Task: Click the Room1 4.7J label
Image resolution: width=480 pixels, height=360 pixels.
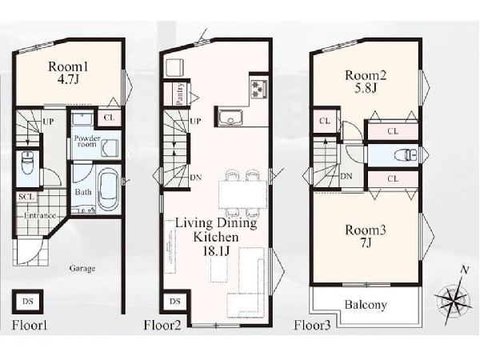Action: click(68, 73)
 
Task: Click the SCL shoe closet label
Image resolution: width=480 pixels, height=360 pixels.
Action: click(26, 197)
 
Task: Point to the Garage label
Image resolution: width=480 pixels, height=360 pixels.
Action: click(82, 269)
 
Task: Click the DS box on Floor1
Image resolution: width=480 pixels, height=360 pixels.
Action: click(27, 302)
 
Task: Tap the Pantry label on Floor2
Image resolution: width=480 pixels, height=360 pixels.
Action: click(180, 94)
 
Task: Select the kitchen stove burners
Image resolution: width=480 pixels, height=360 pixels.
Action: click(259, 89)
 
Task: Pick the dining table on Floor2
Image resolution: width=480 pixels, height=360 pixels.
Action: click(242, 194)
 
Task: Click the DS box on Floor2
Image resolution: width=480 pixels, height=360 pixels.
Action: click(175, 302)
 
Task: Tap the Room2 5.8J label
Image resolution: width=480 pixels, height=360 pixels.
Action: click(366, 81)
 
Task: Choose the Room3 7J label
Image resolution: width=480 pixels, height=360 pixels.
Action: click(366, 236)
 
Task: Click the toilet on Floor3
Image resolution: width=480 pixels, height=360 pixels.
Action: click(406, 154)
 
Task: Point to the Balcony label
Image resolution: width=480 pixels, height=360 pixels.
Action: click(366, 305)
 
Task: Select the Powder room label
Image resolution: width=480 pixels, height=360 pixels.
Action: click(87, 141)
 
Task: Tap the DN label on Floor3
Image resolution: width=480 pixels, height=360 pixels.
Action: click(346, 176)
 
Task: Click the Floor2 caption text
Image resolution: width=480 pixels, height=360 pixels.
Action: click(162, 325)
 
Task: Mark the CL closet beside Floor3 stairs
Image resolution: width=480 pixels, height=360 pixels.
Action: click(325, 122)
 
